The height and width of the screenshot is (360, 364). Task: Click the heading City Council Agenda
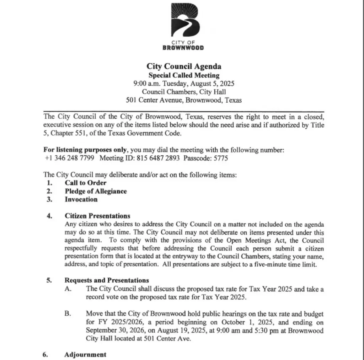(184, 66)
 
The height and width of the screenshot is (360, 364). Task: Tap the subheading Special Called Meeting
(184, 75)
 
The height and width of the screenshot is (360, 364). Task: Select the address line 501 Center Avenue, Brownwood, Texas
(184, 100)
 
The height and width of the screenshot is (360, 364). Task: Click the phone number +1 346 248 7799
(70, 158)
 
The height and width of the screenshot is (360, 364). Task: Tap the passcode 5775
(220, 158)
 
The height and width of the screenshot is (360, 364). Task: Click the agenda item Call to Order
(85, 183)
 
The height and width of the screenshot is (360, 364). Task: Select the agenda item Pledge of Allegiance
(96, 191)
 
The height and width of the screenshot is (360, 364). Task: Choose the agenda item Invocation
(81, 199)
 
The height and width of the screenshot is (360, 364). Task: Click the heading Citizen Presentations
(97, 216)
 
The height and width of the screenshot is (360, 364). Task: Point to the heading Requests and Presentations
(107, 280)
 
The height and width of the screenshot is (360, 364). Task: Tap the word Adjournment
(85, 355)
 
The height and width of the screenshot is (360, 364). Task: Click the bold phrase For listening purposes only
(85, 150)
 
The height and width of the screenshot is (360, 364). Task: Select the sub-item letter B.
(68, 314)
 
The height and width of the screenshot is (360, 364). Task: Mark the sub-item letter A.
(68, 289)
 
